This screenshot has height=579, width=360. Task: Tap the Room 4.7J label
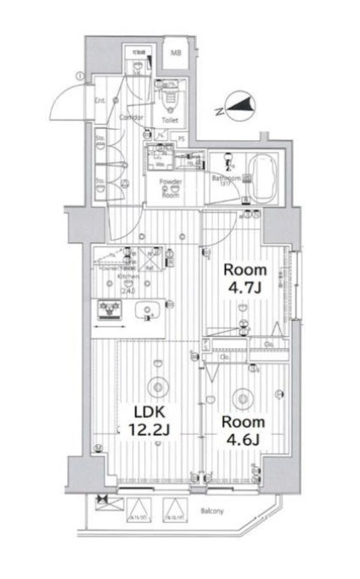pyautogui.click(x=245, y=278)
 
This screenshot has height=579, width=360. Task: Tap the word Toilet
pyautogui.click(x=169, y=120)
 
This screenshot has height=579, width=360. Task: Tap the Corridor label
pyautogui.click(x=130, y=116)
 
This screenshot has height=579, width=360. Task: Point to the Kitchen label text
pyautogui.click(x=116, y=277)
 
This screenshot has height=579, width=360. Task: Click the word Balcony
pyautogui.click(x=212, y=511)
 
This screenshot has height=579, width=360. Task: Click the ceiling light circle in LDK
pyautogui.click(x=156, y=386)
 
